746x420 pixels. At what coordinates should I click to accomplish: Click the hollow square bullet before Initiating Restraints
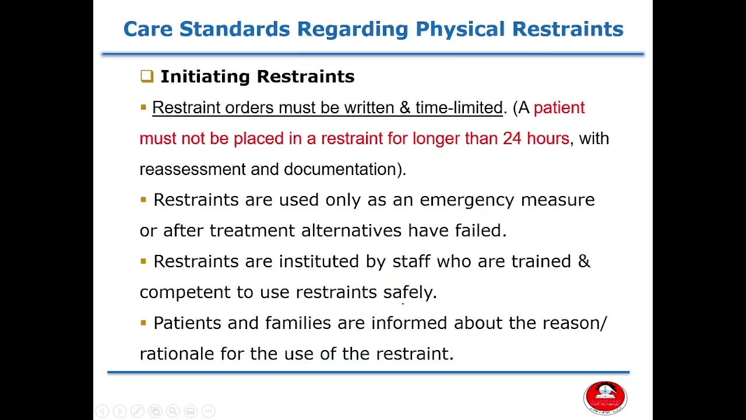point(146,76)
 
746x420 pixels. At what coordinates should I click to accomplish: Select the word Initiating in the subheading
point(205,76)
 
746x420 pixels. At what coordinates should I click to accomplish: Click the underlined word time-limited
point(459,108)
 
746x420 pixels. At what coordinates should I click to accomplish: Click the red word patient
point(559,108)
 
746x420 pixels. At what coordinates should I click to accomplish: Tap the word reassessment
point(192,170)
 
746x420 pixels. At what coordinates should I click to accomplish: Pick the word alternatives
point(351,231)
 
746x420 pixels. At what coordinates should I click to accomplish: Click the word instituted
point(319,262)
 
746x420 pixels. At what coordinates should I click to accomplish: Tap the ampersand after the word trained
point(584,261)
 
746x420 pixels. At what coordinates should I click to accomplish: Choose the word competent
point(185,292)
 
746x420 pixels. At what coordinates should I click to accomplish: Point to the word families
point(298,323)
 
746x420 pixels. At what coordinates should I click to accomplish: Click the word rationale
point(177,354)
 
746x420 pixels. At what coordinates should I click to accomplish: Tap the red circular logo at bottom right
point(605,398)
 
